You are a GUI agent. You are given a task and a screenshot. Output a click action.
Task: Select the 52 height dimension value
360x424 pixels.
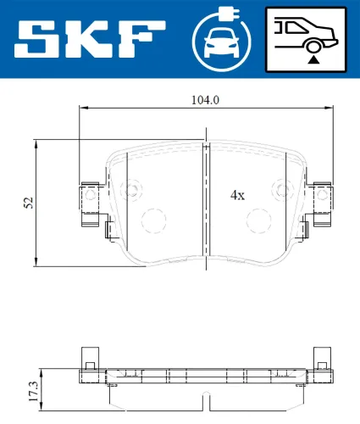(x=28, y=202)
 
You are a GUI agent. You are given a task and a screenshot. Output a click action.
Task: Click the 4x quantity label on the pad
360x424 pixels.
(x=237, y=194)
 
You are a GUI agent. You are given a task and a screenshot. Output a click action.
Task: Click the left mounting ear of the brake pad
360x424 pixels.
(x=89, y=205)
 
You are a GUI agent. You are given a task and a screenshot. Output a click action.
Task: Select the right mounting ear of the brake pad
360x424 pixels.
(x=321, y=205)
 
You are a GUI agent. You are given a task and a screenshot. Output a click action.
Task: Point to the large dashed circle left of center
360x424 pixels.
(x=153, y=221)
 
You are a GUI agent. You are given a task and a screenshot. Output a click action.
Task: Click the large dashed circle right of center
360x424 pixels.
(x=258, y=221)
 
